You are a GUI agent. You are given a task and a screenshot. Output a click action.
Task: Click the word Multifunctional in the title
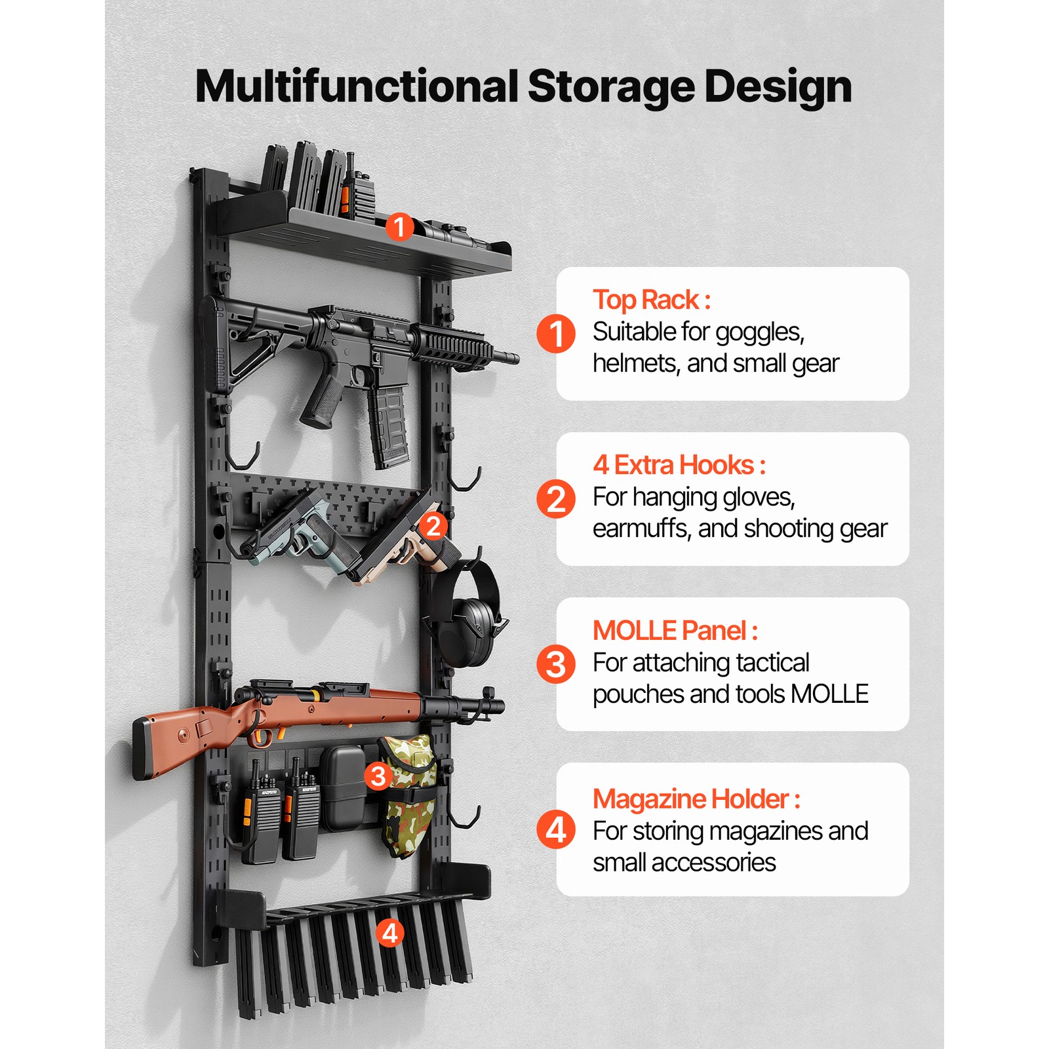click(357, 87)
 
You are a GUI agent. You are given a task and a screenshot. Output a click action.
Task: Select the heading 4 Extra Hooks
click(679, 465)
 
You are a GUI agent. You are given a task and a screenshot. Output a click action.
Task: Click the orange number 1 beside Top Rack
click(555, 333)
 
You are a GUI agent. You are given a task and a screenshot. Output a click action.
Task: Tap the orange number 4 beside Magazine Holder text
click(555, 829)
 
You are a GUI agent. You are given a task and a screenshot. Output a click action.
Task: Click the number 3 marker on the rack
click(378, 776)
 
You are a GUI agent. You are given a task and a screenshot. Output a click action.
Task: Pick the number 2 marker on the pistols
click(433, 526)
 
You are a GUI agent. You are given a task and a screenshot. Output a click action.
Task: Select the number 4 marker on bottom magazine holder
click(390, 932)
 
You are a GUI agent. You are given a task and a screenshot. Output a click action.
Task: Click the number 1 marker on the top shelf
click(399, 227)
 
